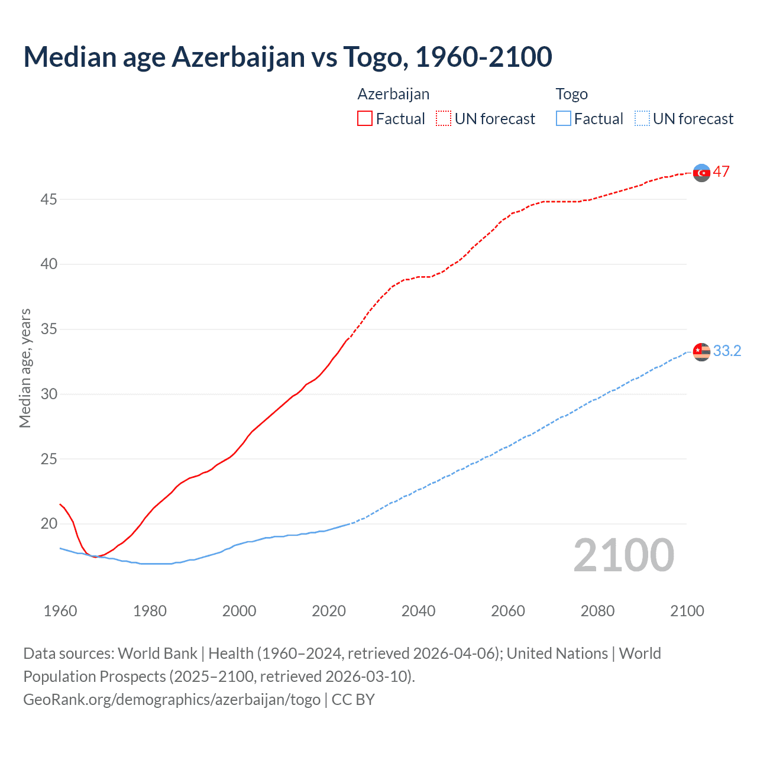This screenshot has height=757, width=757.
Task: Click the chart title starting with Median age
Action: pos(287,57)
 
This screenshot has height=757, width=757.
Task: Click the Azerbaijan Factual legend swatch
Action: pos(365,119)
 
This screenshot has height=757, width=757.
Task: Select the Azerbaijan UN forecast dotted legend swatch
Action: pos(444,119)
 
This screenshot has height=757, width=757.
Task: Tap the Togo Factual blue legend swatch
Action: pos(563,119)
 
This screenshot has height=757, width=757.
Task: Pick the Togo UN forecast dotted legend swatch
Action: pos(642,119)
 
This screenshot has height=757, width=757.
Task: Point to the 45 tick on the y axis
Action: pos(48,200)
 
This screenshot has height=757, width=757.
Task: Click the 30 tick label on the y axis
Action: pos(48,394)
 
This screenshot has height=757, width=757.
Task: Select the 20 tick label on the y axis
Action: pos(48,524)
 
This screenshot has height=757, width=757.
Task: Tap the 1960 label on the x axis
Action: pos(60,611)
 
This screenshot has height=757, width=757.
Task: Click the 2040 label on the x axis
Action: pos(418,611)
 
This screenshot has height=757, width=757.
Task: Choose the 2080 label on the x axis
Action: pos(597,611)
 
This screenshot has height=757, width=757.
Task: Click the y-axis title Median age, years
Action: pos(25,368)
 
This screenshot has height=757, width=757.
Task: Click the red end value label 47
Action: pos(721,172)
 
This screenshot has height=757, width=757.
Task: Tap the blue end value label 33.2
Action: pos(727,351)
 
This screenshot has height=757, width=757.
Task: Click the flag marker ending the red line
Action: pos(701,173)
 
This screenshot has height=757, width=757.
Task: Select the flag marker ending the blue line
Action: pos(701,351)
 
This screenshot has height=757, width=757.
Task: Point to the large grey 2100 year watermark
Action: pos(623,555)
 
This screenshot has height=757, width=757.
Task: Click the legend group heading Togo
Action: pos(571,94)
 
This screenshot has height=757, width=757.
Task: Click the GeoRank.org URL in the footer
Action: pos(172,700)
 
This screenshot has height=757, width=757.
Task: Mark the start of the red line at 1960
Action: pos(60,504)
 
